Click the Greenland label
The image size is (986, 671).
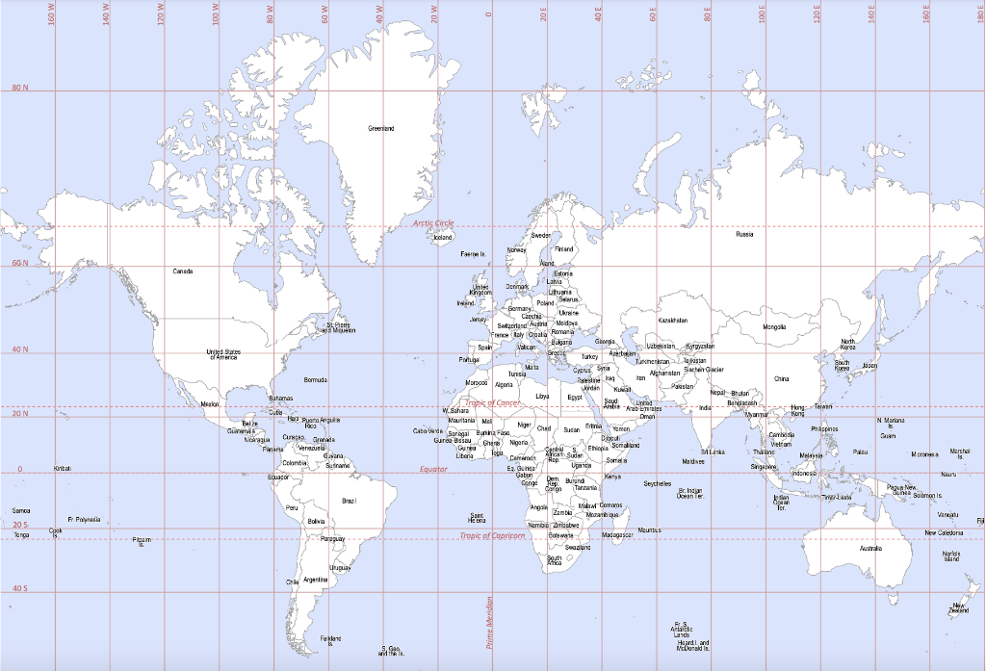[380, 128]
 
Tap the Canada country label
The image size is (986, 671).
[183, 271]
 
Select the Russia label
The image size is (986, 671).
[744, 234]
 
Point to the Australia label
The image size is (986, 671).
[870, 549]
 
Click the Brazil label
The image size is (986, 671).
[349, 501]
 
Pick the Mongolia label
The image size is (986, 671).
[774, 327]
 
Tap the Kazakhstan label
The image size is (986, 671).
[672, 321]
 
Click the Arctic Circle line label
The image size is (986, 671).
[433, 222]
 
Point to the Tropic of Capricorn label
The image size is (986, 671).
[492, 535]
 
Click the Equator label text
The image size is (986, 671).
[434, 469]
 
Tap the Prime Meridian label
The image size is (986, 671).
[489, 622]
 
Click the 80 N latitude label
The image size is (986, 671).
[20, 89]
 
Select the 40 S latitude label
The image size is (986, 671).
[20, 588]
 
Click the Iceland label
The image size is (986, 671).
[443, 237]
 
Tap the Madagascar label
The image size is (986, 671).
[616, 534]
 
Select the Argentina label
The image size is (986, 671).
[315, 580]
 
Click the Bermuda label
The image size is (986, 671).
[315, 380]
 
